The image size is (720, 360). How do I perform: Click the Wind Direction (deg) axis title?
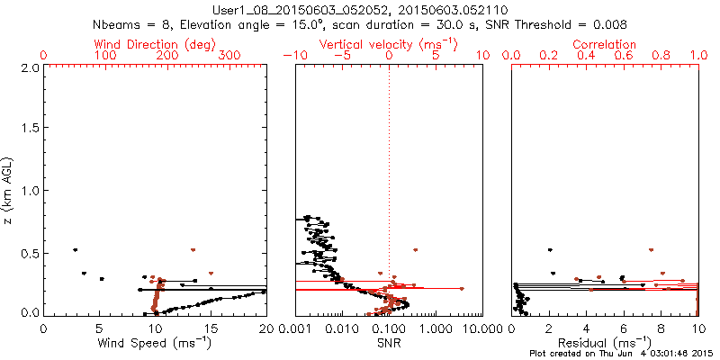[x=155, y=44]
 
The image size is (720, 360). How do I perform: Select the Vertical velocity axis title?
[x=388, y=44]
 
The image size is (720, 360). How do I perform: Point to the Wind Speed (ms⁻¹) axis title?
[x=155, y=342]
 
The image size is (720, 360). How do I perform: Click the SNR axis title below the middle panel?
[x=388, y=342]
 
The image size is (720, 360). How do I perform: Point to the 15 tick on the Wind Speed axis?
[x=211, y=328]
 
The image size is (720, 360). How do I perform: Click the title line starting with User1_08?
[x=359, y=10]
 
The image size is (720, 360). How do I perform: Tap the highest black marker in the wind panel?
[x=76, y=250]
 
